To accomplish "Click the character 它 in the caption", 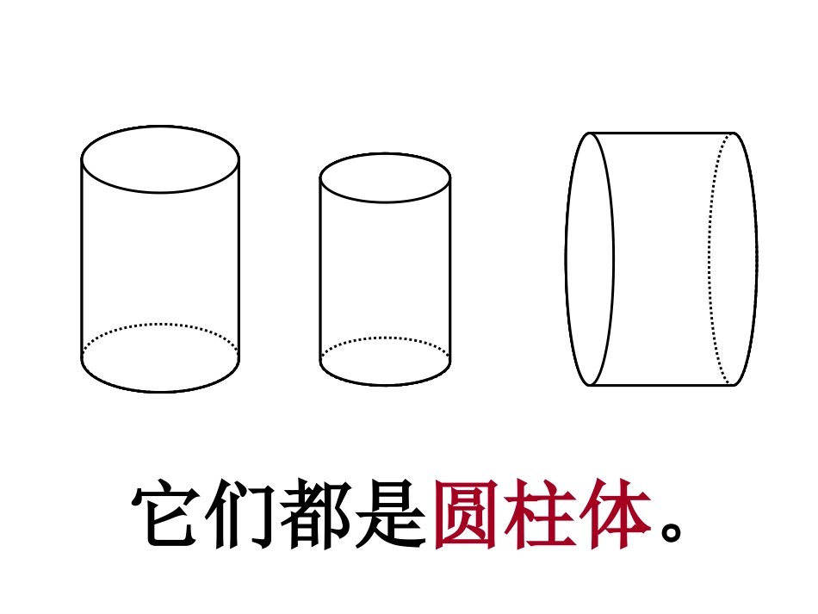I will tap(169, 515).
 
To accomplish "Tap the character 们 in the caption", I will tap(244, 515).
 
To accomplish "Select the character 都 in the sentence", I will tap(319, 515).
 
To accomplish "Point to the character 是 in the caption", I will tap(393, 515).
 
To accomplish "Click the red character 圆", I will tap(467, 515).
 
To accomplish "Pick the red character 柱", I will tap(541, 515).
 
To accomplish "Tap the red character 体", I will tap(615, 515).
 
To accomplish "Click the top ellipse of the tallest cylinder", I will tap(160, 159).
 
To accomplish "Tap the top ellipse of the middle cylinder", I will tap(385, 178).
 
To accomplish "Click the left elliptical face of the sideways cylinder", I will tap(590, 258).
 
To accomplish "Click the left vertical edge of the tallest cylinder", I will tap(82, 258).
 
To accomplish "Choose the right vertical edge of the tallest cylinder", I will tap(239, 258).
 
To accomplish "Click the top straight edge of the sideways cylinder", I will tap(661, 133).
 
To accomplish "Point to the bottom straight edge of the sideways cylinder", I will tap(661, 385).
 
